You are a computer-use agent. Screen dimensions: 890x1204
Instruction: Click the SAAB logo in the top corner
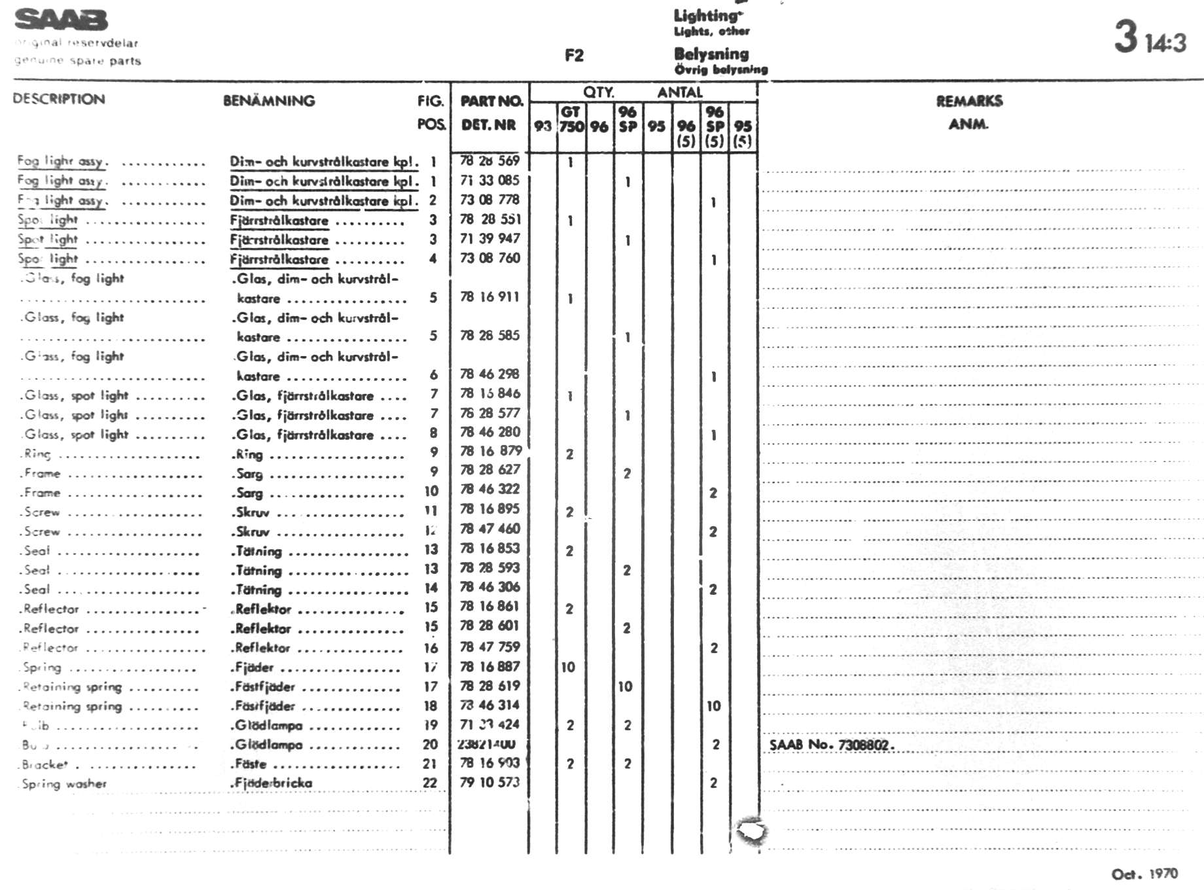point(61,20)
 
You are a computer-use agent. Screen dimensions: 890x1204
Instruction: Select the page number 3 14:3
point(1149,37)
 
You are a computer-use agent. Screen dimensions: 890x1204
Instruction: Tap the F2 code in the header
point(574,56)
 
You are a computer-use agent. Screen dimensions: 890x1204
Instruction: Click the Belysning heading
point(711,54)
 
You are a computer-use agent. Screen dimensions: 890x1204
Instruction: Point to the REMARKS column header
point(969,101)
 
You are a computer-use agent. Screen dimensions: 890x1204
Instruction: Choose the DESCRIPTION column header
point(59,99)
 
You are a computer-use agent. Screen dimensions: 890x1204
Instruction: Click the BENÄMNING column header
point(269,101)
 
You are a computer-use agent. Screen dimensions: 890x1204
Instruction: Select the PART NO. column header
point(491,101)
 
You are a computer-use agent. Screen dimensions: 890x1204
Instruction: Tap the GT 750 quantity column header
point(571,119)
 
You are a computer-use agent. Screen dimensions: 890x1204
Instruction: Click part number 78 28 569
point(489,161)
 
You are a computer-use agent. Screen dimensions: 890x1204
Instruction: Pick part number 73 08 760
point(489,258)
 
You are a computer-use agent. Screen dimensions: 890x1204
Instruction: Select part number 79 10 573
point(489,782)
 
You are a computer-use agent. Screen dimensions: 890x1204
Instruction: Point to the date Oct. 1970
point(1144,874)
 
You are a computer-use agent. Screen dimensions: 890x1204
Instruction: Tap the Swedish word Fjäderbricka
point(273,783)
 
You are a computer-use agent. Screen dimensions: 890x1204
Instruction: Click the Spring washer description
point(63,783)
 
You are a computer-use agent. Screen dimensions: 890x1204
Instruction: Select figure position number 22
point(430,783)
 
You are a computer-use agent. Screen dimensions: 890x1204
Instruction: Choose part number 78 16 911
point(489,297)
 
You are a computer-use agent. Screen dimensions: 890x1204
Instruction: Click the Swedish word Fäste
point(251,764)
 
